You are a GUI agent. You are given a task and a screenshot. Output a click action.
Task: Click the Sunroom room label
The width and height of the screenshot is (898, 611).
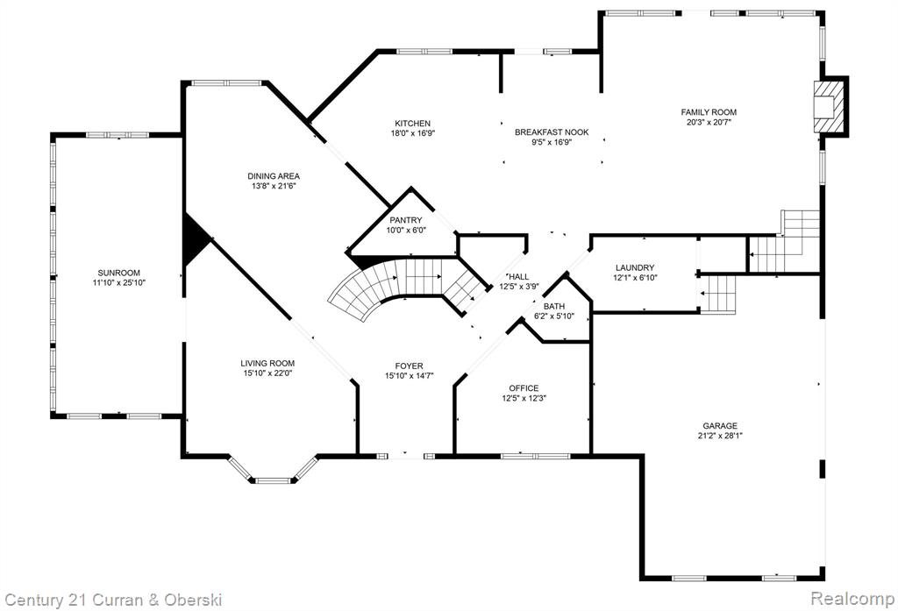click(118, 274)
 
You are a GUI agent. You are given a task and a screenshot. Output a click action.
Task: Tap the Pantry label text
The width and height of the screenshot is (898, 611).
click(405, 220)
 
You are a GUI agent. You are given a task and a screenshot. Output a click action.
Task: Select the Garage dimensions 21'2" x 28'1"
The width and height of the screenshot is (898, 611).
click(720, 435)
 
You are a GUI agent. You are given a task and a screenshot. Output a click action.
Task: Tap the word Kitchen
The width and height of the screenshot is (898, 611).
click(412, 123)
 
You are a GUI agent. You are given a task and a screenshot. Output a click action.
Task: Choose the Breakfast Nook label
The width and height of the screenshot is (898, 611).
click(552, 132)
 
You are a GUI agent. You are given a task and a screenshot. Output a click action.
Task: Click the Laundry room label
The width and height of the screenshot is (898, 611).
click(635, 268)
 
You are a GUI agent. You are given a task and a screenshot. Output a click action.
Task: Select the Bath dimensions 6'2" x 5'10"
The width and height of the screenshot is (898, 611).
click(554, 316)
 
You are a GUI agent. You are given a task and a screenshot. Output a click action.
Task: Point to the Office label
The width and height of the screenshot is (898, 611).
click(524, 388)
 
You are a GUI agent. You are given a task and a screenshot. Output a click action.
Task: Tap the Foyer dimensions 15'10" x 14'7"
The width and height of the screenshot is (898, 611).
click(409, 376)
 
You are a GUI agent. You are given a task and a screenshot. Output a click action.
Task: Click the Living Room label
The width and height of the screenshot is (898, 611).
click(267, 363)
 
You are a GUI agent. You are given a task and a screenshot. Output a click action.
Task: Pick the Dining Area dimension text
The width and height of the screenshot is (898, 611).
click(274, 186)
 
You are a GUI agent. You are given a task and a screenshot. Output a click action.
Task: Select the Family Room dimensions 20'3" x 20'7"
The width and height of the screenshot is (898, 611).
click(709, 121)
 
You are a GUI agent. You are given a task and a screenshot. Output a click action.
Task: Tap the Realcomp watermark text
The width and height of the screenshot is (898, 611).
click(852, 599)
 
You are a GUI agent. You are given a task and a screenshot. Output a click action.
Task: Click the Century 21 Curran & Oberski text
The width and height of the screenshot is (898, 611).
click(113, 600)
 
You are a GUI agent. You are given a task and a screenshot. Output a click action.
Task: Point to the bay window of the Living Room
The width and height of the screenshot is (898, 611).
click(274, 470)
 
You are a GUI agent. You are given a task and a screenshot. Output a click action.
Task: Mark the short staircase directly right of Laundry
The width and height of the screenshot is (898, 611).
click(717, 293)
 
